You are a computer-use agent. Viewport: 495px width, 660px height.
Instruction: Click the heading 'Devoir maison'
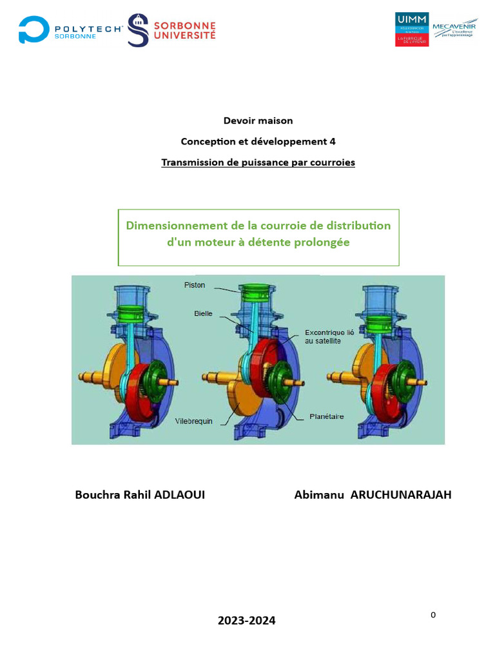point(258,121)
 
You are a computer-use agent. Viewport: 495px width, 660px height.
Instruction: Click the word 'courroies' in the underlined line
point(332,162)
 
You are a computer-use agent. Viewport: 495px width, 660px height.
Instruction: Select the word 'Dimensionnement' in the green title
point(173,226)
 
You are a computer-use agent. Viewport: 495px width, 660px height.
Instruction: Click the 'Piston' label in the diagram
point(195,285)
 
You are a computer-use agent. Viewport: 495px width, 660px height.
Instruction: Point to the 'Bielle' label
point(203,314)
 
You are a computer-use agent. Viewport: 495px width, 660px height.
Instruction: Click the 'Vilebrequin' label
point(194,421)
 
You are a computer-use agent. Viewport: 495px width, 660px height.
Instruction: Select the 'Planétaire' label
point(326,416)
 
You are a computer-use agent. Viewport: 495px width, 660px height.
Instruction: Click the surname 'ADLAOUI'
point(178,495)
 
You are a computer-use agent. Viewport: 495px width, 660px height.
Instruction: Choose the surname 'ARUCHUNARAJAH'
point(400,495)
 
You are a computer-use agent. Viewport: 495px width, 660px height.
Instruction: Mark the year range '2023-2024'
point(246,621)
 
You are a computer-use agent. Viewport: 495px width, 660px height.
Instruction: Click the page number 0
point(433,615)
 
